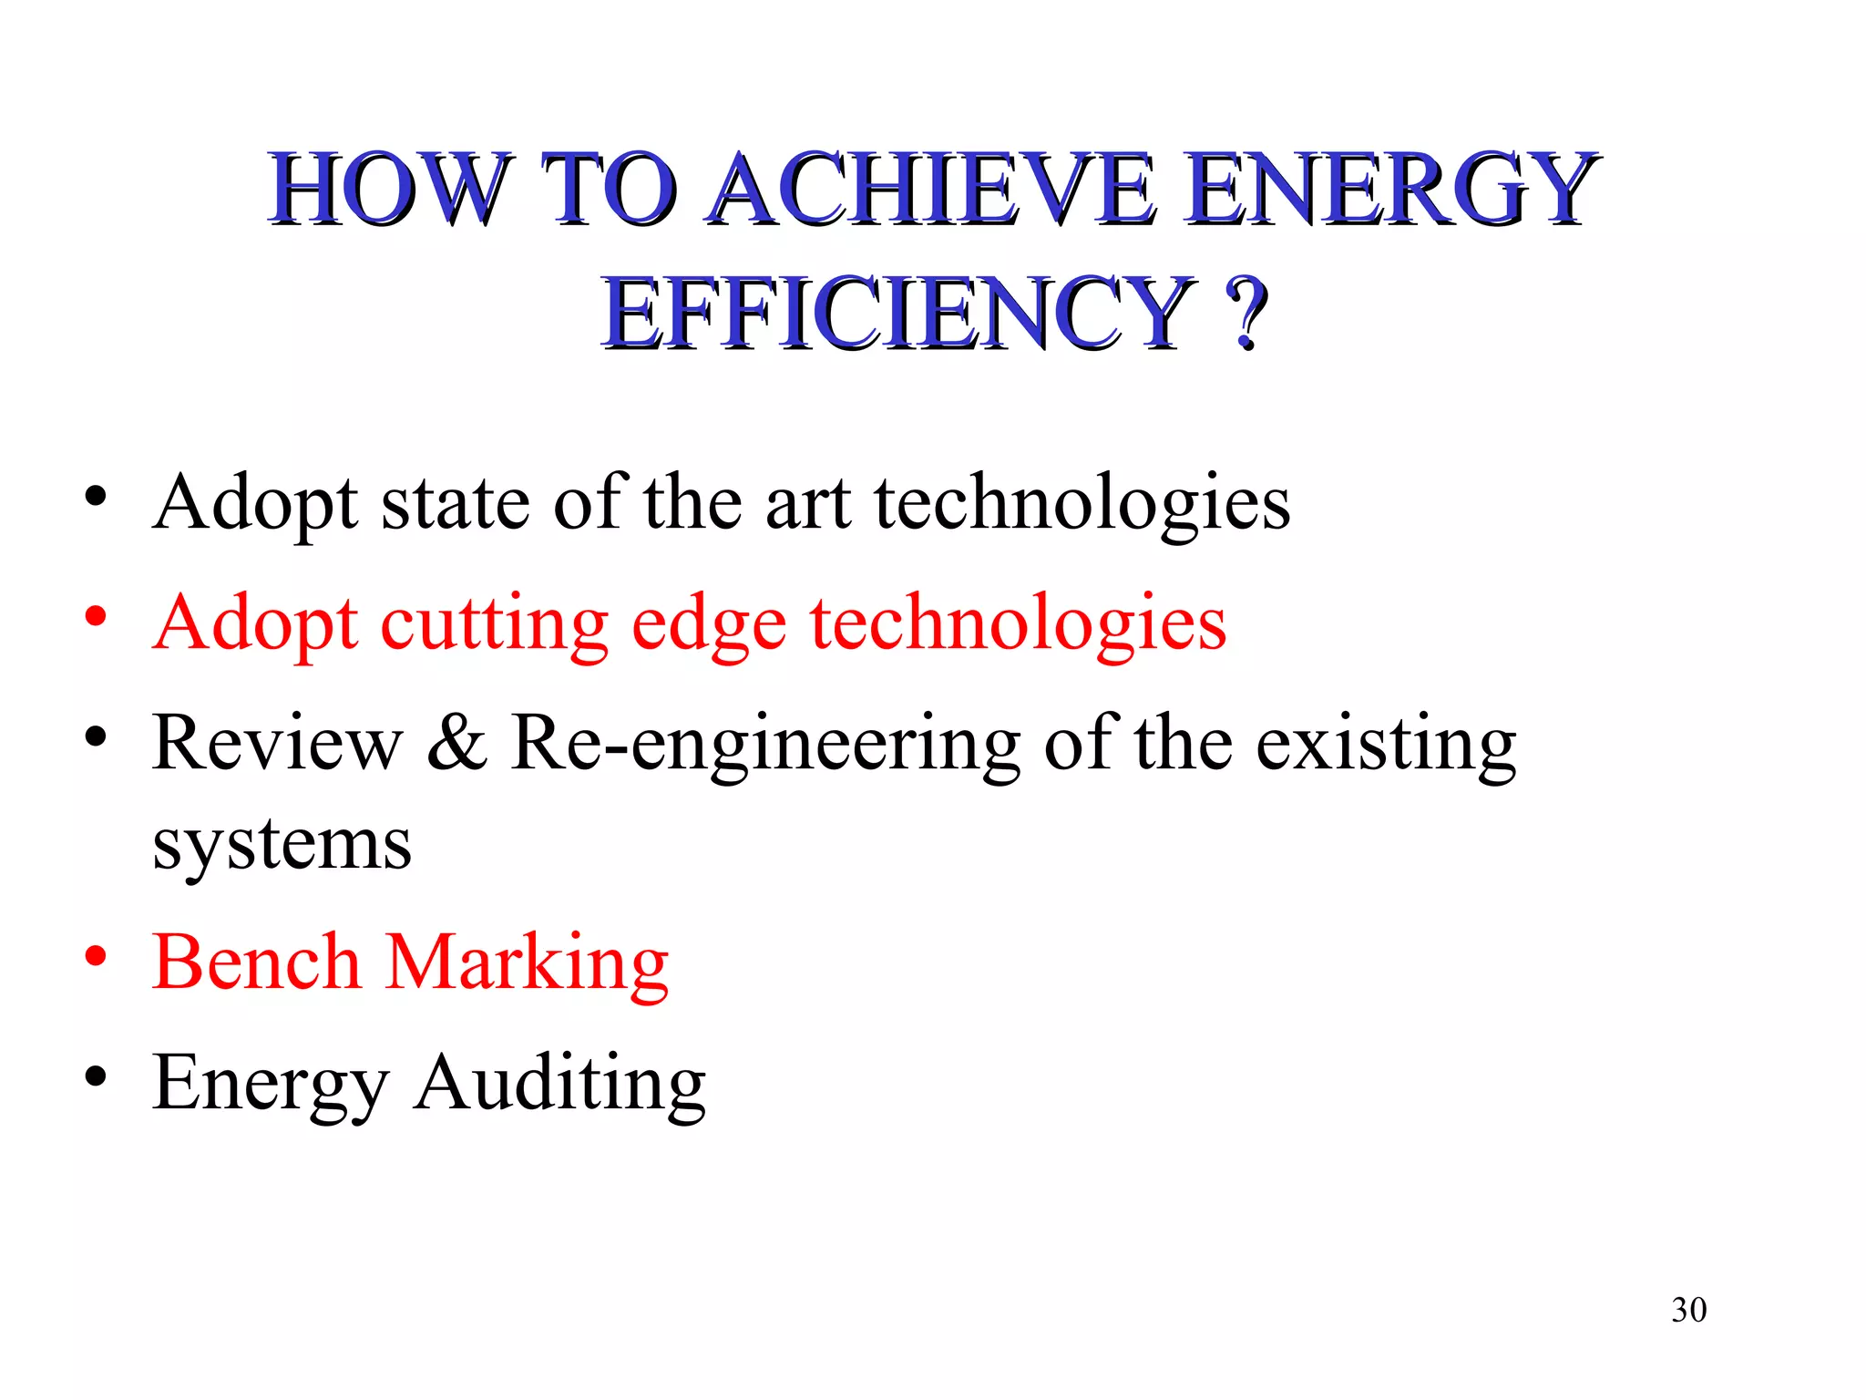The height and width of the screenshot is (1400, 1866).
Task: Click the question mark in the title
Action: tap(1246, 314)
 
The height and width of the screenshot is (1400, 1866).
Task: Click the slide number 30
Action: tap(1688, 1310)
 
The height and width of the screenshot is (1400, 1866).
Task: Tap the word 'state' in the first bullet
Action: tap(455, 503)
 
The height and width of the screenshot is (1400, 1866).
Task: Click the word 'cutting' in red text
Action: tap(494, 625)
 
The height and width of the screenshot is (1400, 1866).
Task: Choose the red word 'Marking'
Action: tap(528, 964)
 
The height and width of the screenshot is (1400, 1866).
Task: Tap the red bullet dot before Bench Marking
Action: tap(96, 957)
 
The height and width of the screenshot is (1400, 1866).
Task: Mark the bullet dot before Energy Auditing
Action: tap(96, 1077)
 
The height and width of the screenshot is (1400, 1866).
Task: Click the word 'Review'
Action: tap(277, 743)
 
